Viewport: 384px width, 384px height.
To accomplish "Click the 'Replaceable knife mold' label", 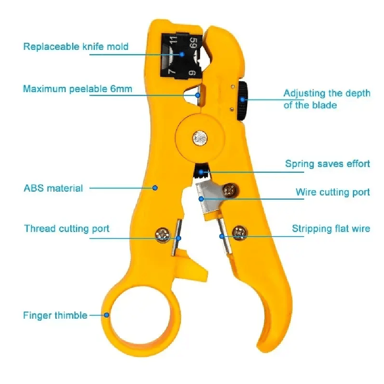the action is [76, 47].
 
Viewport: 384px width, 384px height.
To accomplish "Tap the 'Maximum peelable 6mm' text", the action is [78, 89].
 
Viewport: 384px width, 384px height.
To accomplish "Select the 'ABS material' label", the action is [53, 188].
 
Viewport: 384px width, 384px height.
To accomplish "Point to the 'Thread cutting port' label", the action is [67, 228].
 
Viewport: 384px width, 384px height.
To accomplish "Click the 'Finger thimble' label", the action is [55, 315].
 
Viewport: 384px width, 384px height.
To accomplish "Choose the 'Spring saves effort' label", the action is [327, 164].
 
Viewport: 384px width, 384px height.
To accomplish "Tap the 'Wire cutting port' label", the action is [333, 192].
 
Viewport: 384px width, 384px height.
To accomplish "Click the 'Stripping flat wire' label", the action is [331, 228].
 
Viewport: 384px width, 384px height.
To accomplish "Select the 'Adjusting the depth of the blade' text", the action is [327, 99].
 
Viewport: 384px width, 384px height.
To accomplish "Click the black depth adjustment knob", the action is [242, 101].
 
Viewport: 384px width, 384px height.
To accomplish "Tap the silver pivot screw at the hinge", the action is [200, 138].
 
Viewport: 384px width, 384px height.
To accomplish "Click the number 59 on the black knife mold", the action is [193, 43].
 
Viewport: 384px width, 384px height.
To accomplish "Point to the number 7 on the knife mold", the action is [172, 71].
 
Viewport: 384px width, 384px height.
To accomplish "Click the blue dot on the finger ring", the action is [107, 315].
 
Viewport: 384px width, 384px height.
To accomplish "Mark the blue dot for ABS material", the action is [155, 188].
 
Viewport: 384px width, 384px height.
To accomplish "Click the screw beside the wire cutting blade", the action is [230, 190].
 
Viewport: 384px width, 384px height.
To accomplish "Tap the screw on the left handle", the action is [163, 235].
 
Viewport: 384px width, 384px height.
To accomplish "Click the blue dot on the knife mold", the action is [182, 54].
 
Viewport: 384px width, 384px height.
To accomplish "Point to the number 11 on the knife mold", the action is [173, 40].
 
